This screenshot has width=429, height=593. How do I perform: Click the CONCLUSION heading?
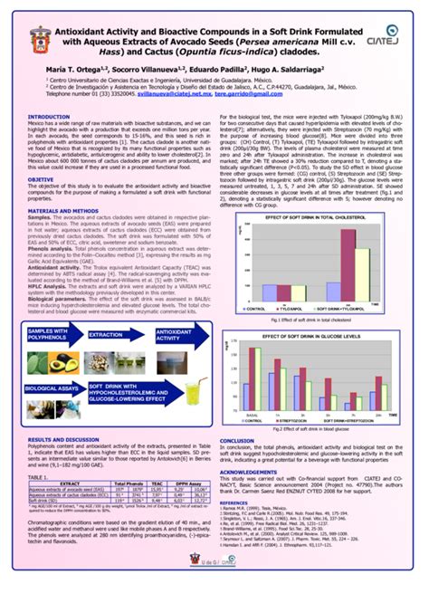tap(238, 441)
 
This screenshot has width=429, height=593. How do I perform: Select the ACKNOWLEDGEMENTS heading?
tap(249, 472)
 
